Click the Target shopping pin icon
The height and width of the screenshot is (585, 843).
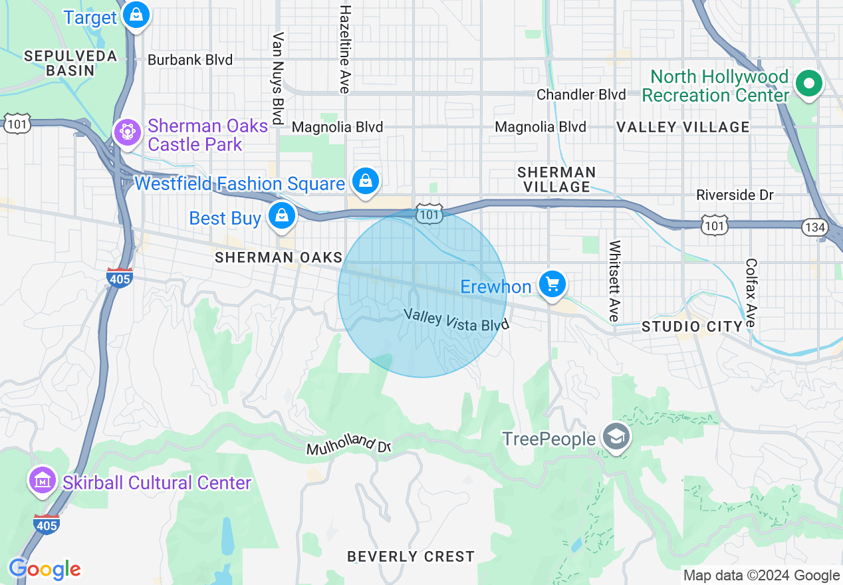(x=136, y=15)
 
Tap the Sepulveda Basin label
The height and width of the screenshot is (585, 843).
(x=70, y=63)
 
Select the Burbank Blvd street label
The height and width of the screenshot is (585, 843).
(x=190, y=60)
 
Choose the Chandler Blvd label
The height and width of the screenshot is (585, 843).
(x=581, y=94)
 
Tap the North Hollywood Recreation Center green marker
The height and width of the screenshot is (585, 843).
(x=809, y=84)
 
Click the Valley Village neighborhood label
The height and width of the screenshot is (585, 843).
(x=683, y=127)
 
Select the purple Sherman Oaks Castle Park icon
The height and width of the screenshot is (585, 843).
(x=126, y=132)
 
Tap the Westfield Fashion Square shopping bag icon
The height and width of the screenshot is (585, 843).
(x=366, y=181)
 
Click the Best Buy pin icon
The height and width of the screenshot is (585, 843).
(x=282, y=215)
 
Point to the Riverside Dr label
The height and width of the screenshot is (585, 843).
(x=735, y=195)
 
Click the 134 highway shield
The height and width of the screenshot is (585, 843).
(x=816, y=227)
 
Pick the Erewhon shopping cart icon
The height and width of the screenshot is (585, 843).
(x=552, y=285)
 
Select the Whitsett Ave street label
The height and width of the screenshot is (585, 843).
(x=614, y=280)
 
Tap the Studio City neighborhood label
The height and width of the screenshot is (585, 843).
(x=691, y=326)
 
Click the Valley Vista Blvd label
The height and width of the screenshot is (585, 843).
(x=455, y=320)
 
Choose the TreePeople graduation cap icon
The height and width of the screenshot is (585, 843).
(x=617, y=437)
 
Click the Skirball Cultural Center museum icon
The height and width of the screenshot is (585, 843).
(x=43, y=480)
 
